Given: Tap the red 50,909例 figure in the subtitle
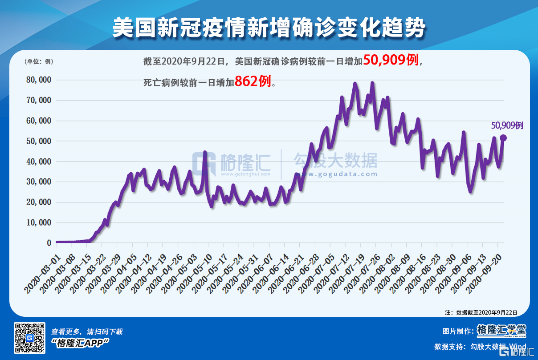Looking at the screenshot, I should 391,60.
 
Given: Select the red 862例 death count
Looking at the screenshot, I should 253,81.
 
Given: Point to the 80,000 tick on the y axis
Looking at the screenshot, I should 39,80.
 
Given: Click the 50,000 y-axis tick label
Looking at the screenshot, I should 39,141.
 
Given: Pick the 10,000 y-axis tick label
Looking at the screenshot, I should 39,222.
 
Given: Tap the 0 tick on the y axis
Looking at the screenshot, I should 49,243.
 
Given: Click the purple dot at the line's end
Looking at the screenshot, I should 503,138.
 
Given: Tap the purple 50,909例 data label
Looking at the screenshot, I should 507,126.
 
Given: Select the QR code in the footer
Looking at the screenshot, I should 30,338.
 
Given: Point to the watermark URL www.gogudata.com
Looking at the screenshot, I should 335,174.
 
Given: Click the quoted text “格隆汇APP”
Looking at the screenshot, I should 81,342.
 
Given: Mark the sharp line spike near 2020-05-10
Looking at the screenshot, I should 205,153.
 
